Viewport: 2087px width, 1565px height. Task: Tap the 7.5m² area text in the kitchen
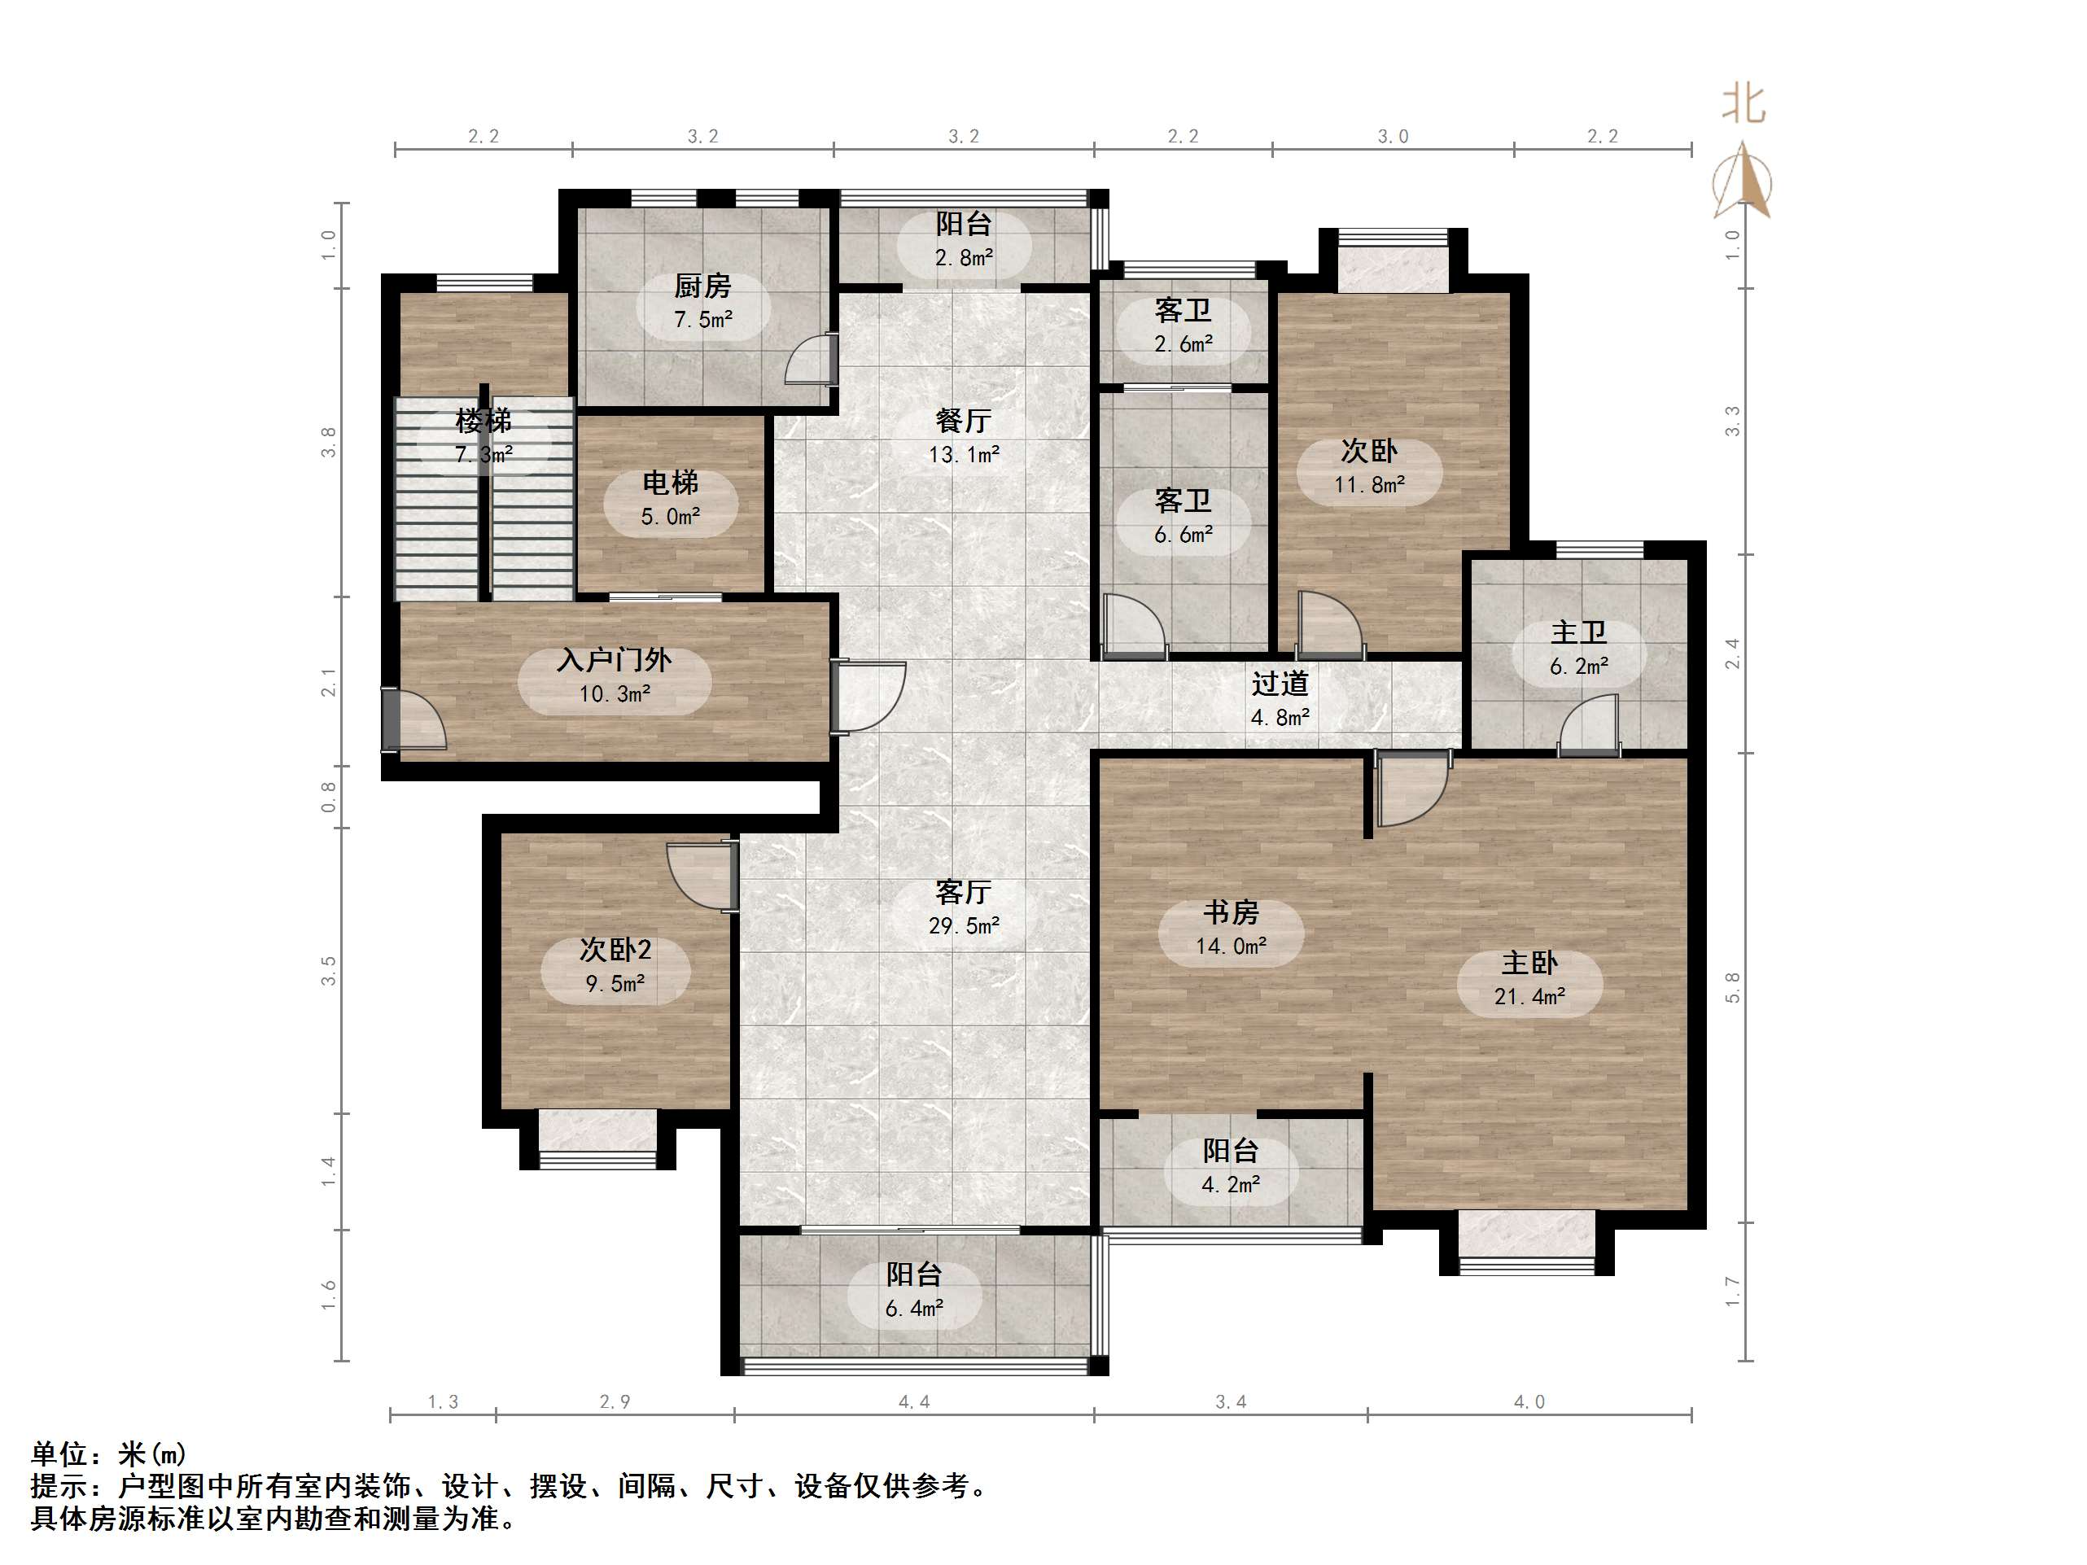point(703,320)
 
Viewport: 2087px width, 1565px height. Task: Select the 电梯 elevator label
point(670,482)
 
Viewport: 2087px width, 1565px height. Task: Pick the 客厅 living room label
point(962,891)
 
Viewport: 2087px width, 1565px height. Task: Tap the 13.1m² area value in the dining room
point(963,455)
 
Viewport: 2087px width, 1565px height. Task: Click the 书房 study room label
point(1231,912)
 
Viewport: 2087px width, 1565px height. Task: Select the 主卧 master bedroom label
point(1529,962)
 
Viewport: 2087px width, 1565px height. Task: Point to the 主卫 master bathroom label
point(1578,632)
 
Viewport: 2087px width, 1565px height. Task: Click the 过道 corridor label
point(1280,683)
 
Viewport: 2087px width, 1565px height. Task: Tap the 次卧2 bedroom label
point(615,949)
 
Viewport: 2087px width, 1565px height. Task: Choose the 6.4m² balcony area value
point(913,1309)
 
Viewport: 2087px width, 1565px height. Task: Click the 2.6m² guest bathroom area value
point(1184,344)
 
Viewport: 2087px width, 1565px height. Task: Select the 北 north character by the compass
point(1743,104)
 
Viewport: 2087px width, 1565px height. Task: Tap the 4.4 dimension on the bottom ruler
point(913,1401)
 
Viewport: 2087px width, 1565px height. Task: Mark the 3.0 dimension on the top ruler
point(1393,137)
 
